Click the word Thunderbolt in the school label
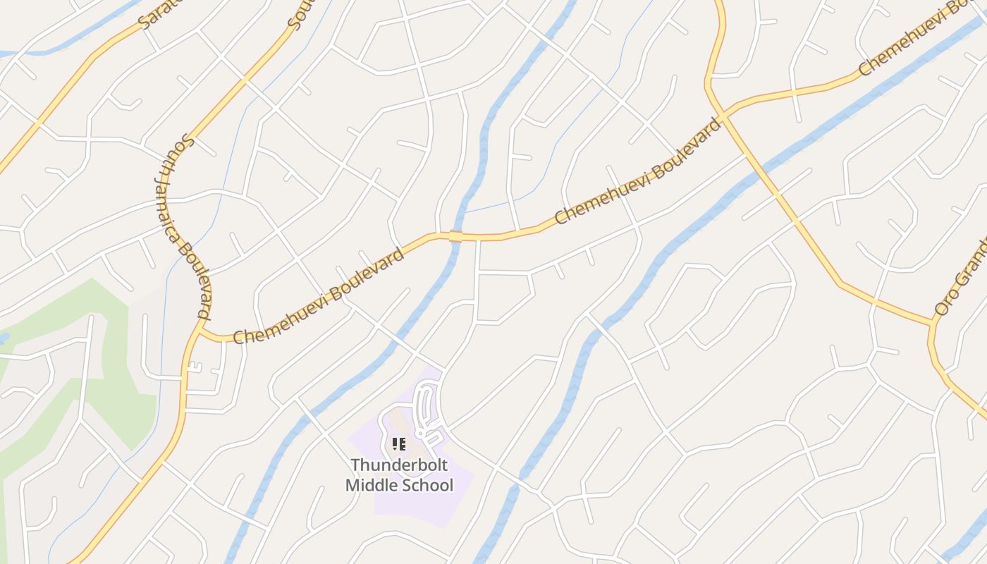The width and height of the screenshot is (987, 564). point(399,465)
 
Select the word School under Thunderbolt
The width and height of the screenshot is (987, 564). point(427,486)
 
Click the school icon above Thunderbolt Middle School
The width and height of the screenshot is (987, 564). point(399,444)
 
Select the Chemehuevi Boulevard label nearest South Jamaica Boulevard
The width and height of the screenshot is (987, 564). point(319,295)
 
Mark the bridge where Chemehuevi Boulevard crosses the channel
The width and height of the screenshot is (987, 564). point(455,236)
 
